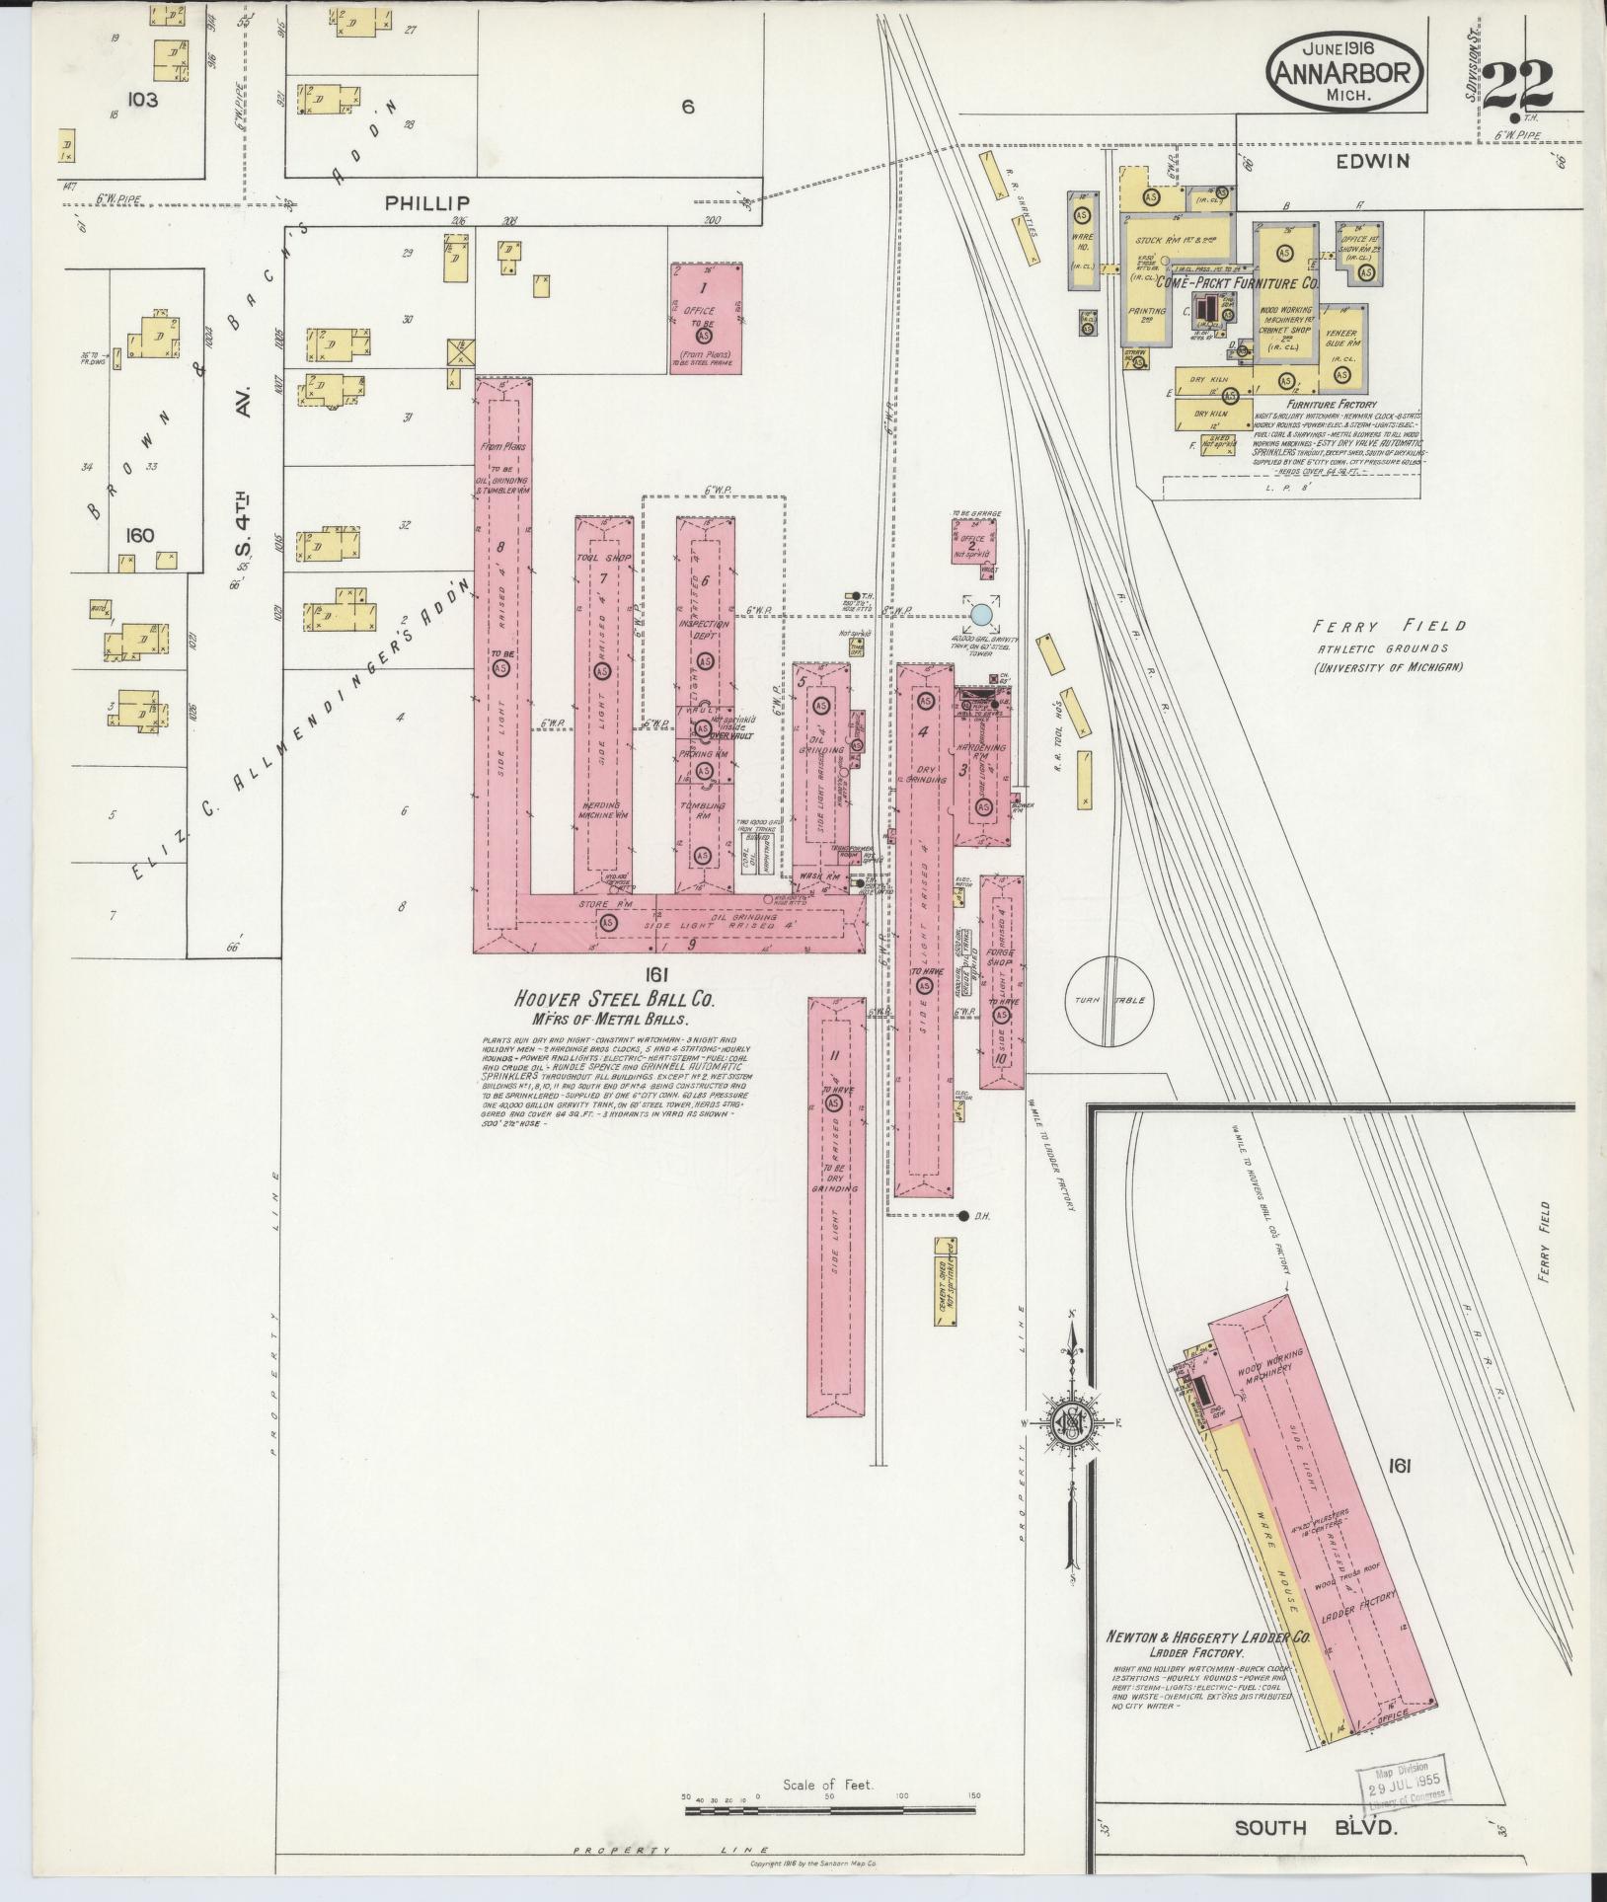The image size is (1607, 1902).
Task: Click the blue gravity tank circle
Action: (x=981, y=615)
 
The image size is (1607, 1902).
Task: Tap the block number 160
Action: (x=141, y=536)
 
